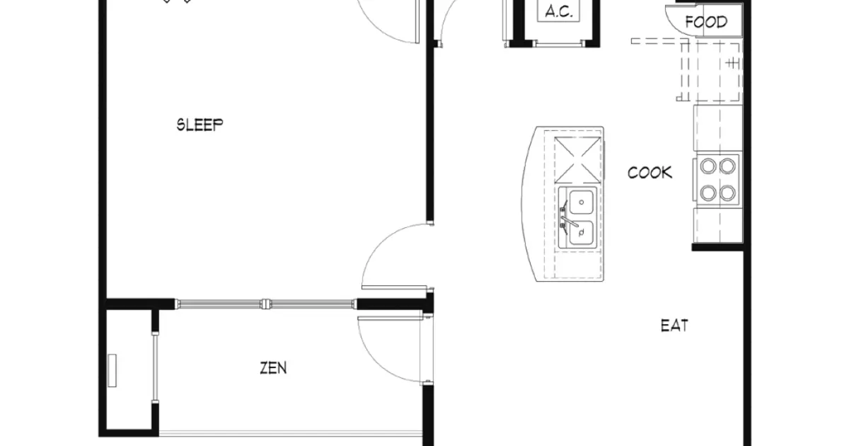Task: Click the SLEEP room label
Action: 200,125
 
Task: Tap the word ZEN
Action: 273,368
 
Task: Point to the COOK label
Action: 649,172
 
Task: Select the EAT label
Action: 674,326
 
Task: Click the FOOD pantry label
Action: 706,22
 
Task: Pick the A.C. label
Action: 559,12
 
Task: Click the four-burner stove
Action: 717,179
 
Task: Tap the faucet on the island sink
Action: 566,217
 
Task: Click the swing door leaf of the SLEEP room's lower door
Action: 394,287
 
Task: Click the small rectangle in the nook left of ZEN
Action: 112,370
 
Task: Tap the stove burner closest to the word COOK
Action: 707,166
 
